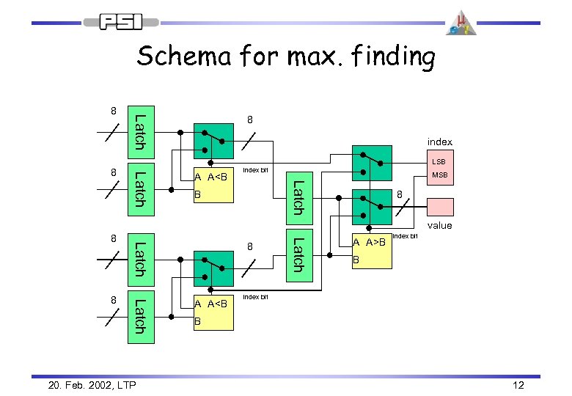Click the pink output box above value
coord(441,207)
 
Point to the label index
coord(440,142)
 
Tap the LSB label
coord(439,161)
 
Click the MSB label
coord(439,175)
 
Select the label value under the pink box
coord(440,227)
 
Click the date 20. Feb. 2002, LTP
coord(81,386)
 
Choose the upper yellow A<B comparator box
coord(213,186)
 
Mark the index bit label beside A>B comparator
coord(406,236)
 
